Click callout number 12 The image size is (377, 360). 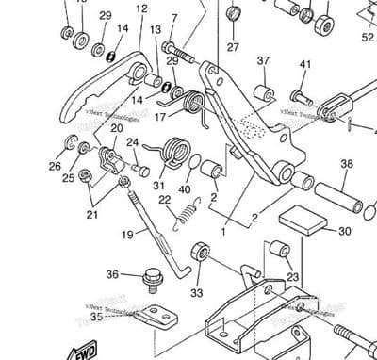coord(141,9)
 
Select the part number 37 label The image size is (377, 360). coord(263,61)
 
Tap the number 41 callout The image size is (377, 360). coord(304,65)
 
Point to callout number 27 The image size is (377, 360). coord(233,47)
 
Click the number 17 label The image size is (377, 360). coord(160,117)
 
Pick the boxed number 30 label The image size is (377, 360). coord(343,230)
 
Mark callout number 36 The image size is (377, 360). coord(112,274)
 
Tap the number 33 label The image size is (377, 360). coord(196,293)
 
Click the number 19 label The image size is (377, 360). coord(127,234)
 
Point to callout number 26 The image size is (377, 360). coord(55,166)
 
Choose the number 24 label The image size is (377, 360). coord(133,144)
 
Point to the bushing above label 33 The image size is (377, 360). coord(199,253)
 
